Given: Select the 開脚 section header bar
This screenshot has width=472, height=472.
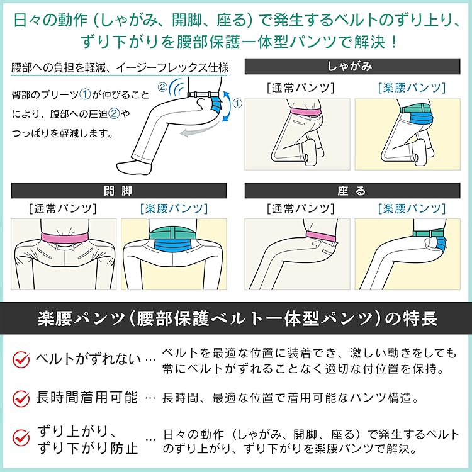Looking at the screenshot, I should pos(117,190).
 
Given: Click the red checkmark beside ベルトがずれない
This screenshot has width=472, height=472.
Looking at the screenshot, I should pos(21,359).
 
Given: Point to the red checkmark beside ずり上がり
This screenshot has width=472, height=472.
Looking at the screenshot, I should pos(21,438).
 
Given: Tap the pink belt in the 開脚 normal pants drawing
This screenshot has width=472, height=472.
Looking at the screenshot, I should pos(64,238).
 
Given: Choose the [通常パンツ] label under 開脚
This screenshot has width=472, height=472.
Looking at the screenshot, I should pos(62,208).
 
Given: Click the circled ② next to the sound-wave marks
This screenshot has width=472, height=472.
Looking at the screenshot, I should pos(163,87).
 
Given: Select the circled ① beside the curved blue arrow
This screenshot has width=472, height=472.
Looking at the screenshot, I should pos(237,100).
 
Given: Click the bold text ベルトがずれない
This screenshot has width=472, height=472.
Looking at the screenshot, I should pos(87,359).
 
